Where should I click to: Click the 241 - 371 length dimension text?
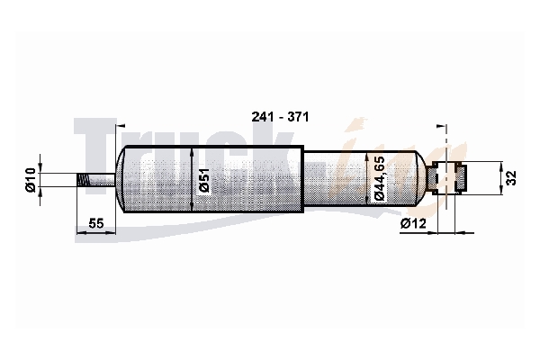point(280,117)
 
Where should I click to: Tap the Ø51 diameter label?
point(204,180)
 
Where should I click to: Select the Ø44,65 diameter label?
point(379,178)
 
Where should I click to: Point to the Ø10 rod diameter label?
point(31,179)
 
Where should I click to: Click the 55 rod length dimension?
point(96,223)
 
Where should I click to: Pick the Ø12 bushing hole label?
point(413,223)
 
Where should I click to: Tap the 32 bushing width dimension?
point(512,178)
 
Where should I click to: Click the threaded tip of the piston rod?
point(83,179)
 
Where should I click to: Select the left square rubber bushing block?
point(432,178)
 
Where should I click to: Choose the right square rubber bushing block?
point(461,178)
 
